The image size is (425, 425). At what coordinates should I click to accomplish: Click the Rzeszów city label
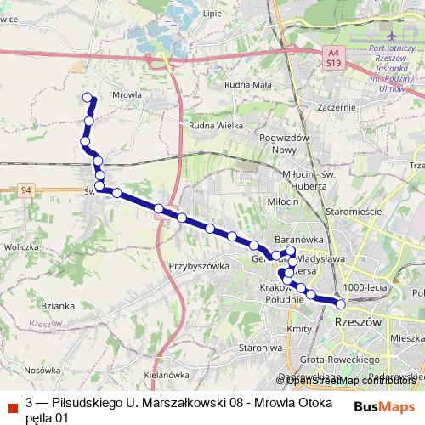click(356, 322)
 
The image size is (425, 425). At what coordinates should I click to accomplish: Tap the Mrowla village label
click(126, 95)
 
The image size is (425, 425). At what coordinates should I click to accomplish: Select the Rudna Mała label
click(247, 84)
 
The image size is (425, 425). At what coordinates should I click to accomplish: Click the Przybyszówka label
click(201, 265)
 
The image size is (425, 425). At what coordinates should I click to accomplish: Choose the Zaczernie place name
click(335, 107)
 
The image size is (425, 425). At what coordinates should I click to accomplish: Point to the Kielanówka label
click(166, 373)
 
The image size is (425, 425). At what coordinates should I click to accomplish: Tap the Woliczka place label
click(23, 246)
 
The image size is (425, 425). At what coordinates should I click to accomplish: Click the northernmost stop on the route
click(88, 98)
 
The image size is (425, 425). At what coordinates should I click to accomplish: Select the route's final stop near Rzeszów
click(341, 303)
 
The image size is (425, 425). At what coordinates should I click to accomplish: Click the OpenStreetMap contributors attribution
click(348, 380)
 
